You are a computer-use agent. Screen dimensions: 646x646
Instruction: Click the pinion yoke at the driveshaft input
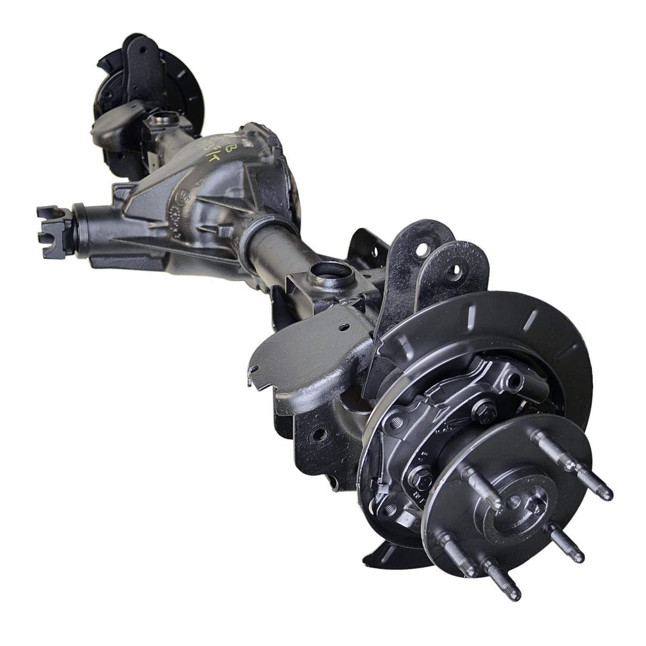(52, 231)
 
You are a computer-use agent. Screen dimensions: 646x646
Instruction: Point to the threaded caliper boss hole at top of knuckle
(512, 379)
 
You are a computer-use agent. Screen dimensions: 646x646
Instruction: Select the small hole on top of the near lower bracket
(343, 328)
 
